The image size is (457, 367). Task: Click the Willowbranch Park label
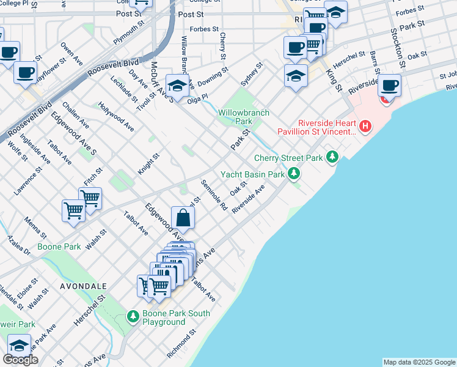[235, 117]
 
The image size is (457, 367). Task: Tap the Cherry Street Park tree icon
[332, 157]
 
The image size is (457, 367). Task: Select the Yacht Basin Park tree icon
[294, 174]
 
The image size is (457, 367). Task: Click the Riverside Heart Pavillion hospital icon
[365, 127]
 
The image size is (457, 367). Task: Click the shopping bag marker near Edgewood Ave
[183, 217]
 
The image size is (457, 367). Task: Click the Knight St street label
[148, 164]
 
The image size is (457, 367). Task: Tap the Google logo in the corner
[20, 360]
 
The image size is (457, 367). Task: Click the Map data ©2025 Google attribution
[419, 362]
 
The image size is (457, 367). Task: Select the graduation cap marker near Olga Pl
[176, 85]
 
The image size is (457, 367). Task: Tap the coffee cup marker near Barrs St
[389, 85]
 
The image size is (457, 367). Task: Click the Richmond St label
[181, 343]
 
